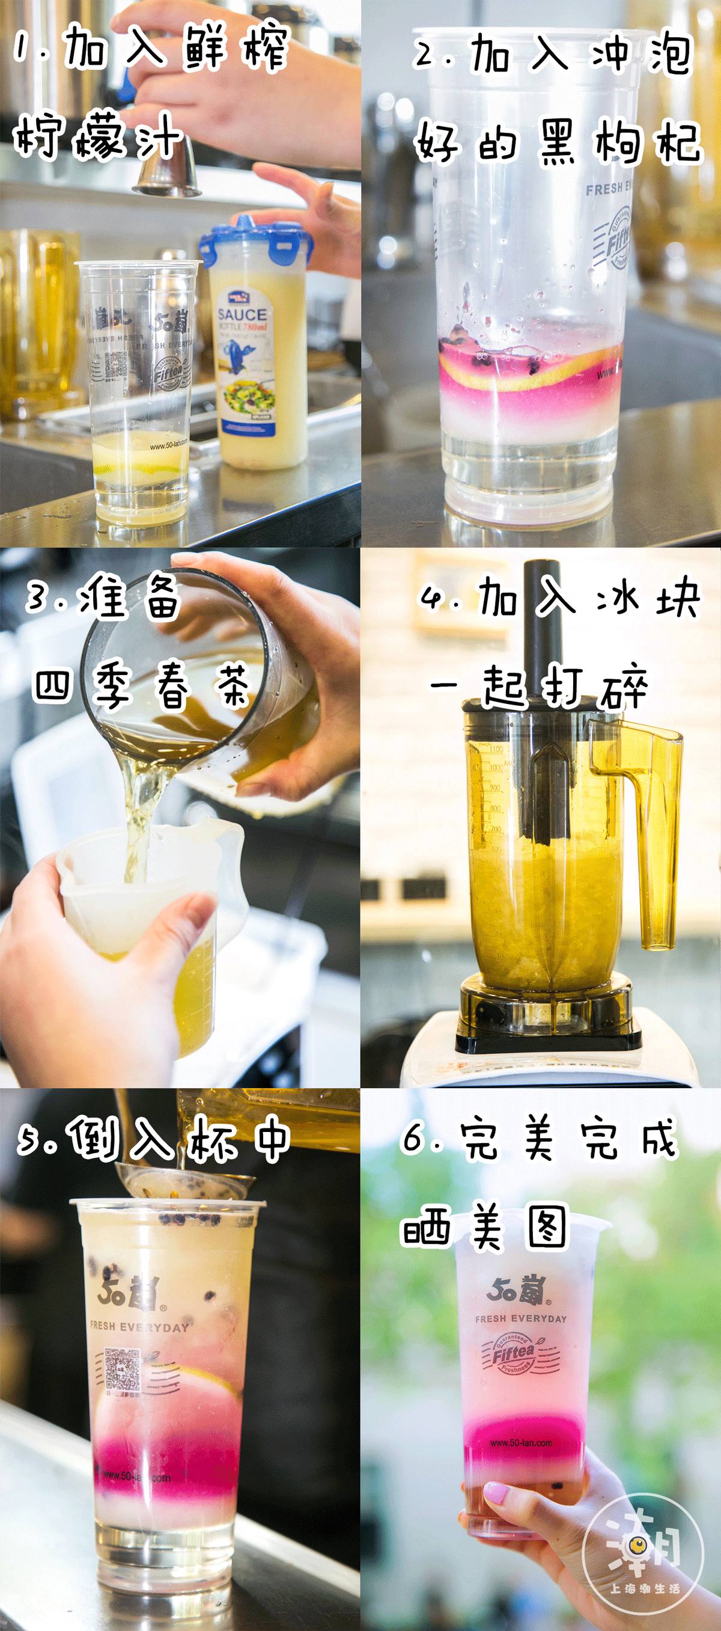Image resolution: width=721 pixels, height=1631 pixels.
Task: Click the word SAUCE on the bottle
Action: pyautogui.click(x=242, y=314)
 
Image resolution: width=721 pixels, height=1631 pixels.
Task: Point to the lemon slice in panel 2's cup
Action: pyautogui.click(x=525, y=368)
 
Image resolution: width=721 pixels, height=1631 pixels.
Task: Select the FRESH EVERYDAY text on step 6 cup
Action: pyautogui.click(x=521, y=1318)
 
